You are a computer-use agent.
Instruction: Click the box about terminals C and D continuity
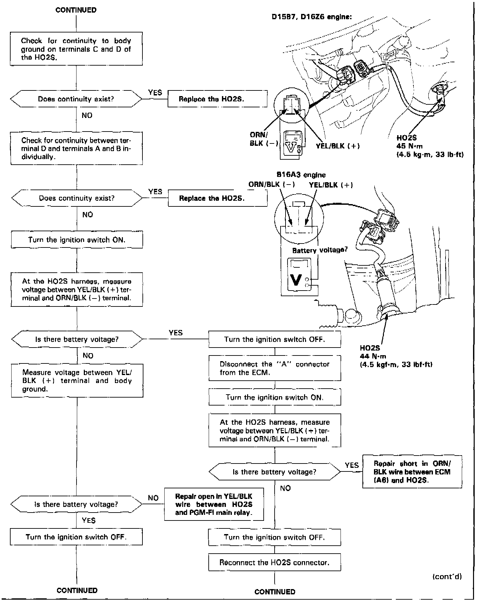pyautogui.click(x=76, y=49)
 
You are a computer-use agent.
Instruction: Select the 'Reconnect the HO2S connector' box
pyautogui.click(x=274, y=562)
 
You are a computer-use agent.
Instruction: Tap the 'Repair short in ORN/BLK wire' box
pyautogui.click(x=412, y=472)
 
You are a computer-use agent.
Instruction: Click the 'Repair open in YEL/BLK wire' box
pyautogui.click(x=214, y=504)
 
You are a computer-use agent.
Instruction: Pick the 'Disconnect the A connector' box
pyautogui.click(x=275, y=368)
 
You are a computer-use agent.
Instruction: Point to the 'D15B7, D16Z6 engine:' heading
pyautogui.click(x=312, y=17)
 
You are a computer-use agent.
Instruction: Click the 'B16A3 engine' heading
pyautogui.click(x=301, y=175)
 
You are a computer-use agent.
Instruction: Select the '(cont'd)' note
pyautogui.click(x=447, y=576)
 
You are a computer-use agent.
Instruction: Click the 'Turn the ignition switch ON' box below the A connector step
pyautogui.click(x=275, y=397)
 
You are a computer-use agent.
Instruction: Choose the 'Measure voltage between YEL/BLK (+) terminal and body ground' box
pyautogui.click(x=77, y=381)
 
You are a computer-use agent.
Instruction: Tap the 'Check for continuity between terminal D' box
pyautogui.click(x=77, y=148)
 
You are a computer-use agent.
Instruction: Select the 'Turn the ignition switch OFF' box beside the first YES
pyautogui.click(x=275, y=339)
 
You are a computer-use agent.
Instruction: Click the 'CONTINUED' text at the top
pyautogui.click(x=76, y=10)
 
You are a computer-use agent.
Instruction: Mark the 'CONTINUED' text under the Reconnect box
pyautogui.click(x=275, y=591)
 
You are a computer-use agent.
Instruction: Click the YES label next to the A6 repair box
pyautogui.click(x=351, y=465)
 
